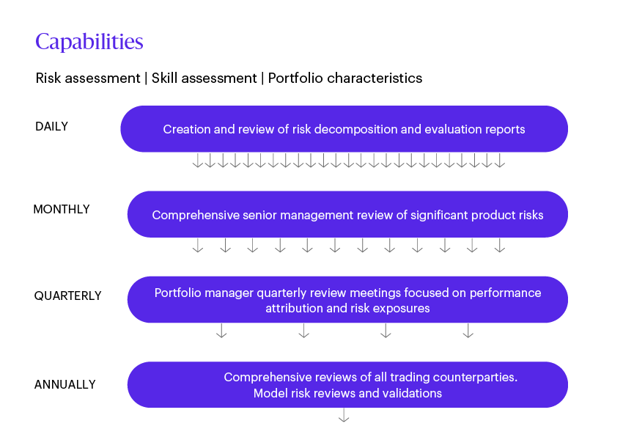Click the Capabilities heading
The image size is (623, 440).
click(x=89, y=42)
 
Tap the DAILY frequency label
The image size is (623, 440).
click(x=51, y=127)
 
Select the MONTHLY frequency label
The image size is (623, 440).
click(x=62, y=210)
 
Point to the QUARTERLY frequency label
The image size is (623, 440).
click(x=67, y=296)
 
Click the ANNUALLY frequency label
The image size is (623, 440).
click(x=64, y=384)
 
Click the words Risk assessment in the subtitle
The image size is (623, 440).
click(x=87, y=78)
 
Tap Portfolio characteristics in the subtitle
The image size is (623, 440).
click(x=344, y=78)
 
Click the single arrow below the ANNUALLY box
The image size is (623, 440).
click(x=344, y=416)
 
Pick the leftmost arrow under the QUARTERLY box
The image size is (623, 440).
click(x=221, y=331)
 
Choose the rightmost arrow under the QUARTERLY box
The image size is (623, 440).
click(x=468, y=331)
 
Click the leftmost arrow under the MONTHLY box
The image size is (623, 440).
click(x=198, y=246)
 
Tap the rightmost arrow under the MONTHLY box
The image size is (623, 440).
click(x=500, y=246)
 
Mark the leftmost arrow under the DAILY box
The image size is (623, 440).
click(x=198, y=161)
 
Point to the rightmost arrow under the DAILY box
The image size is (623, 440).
click(x=500, y=161)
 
